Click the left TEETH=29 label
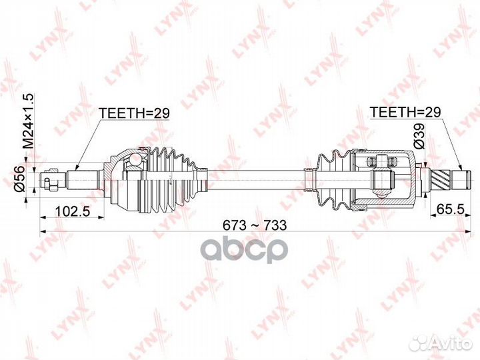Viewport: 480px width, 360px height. [x=134, y=113]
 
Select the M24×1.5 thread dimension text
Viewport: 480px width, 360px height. [x=28, y=123]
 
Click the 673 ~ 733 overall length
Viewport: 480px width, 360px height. [x=254, y=225]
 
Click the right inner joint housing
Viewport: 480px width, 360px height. [x=383, y=177]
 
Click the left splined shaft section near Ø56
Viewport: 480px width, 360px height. [x=85, y=179]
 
